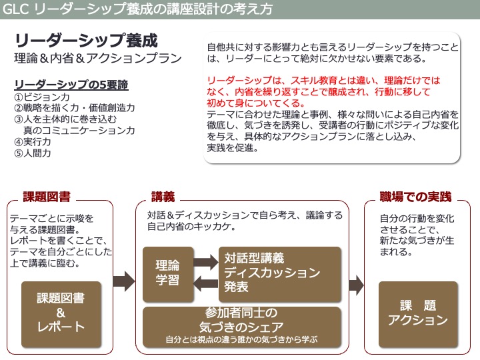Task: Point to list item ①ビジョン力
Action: tap(42, 97)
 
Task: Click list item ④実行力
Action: tap(33, 141)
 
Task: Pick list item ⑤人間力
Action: tap(33, 153)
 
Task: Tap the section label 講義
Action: tap(163, 197)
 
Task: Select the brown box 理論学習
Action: tap(168, 271)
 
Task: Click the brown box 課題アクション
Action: tap(418, 313)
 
